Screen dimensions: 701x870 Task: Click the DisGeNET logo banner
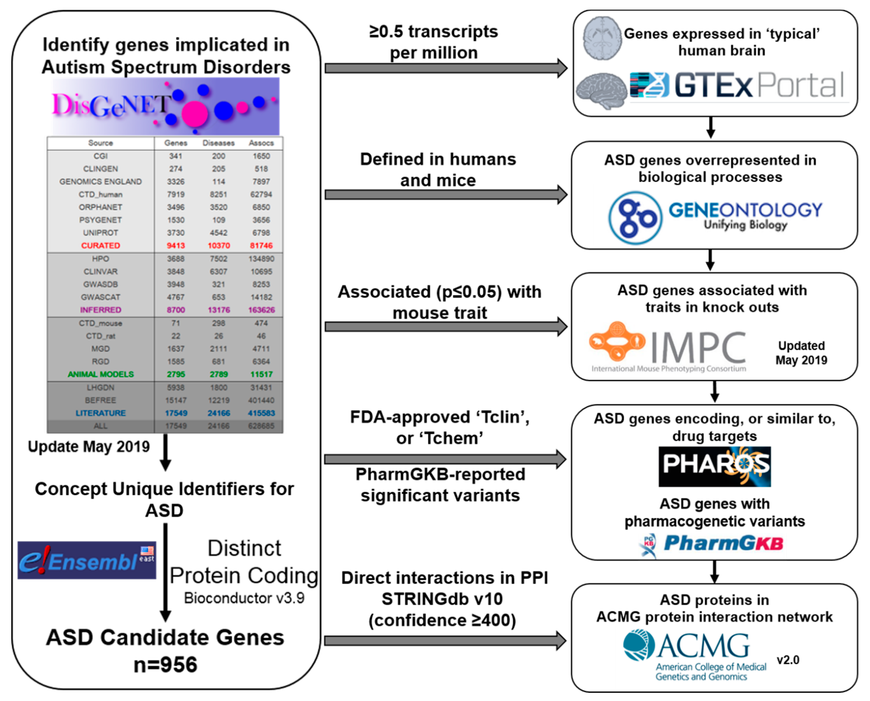click(x=166, y=106)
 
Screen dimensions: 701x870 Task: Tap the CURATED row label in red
click(x=101, y=245)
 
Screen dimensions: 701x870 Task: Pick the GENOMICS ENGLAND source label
click(x=101, y=182)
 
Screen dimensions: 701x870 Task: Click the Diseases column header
click(x=218, y=143)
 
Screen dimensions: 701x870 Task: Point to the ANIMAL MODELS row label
click(x=101, y=374)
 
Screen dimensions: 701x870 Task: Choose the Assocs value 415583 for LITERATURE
click(x=261, y=413)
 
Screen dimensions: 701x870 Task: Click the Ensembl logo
click(x=87, y=560)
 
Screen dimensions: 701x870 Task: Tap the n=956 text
click(x=166, y=664)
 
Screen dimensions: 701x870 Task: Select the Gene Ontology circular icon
click(x=635, y=218)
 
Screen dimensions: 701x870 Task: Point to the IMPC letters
click(x=698, y=348)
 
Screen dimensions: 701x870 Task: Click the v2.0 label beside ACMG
click(x=788, y=660)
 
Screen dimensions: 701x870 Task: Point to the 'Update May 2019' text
click(x=89, y=447)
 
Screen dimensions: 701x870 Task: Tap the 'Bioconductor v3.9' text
click(x=244, y=598)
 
